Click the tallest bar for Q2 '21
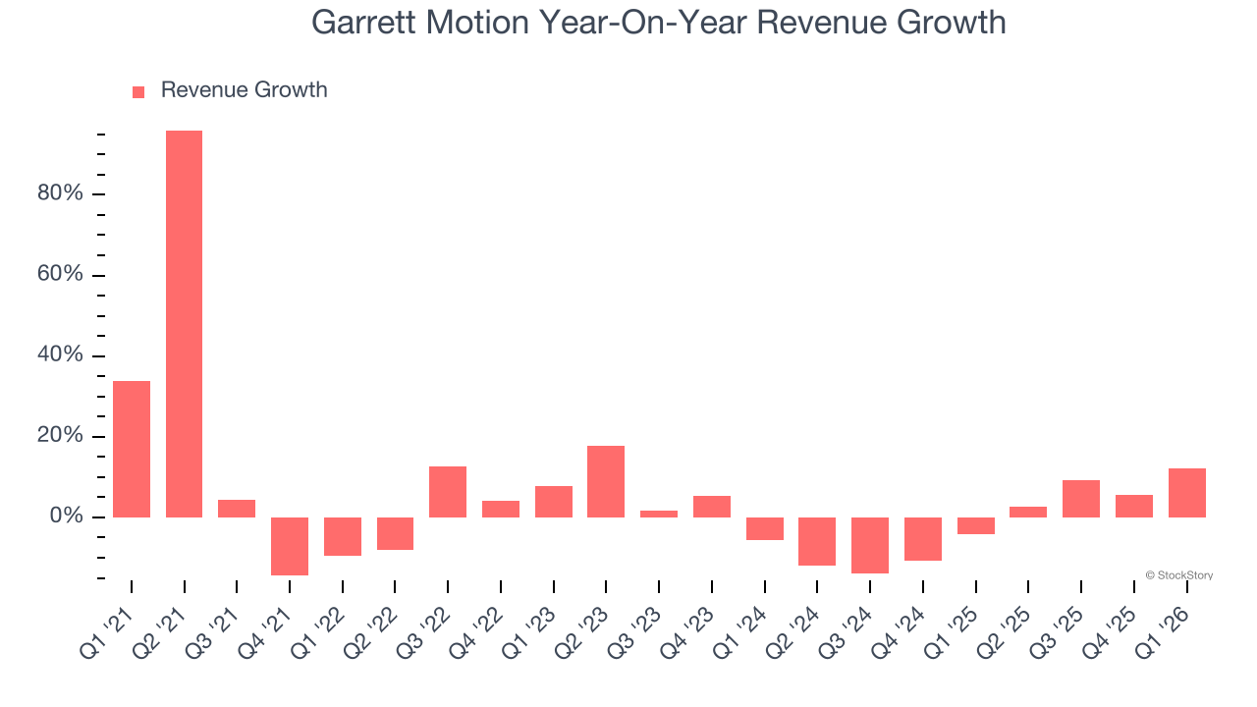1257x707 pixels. [184, 324]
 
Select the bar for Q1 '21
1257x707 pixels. [132, 449]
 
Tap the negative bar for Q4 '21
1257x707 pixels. [290, 546]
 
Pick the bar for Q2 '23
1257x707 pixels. [606, 481]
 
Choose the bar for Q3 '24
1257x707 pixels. [870, 545]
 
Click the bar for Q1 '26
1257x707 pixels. [1186, 493]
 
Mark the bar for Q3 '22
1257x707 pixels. [448, 492]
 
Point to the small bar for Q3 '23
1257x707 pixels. [659, 514]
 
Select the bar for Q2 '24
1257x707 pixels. [817, 541]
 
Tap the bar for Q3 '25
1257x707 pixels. [1081, 499]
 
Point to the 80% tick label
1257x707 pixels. [60, 193]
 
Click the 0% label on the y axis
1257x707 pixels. [65, 517]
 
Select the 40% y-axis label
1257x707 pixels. [60, 354]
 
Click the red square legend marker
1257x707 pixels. [138, 91]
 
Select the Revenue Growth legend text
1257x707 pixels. [244, 90]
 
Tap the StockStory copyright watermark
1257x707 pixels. [1178, 575]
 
